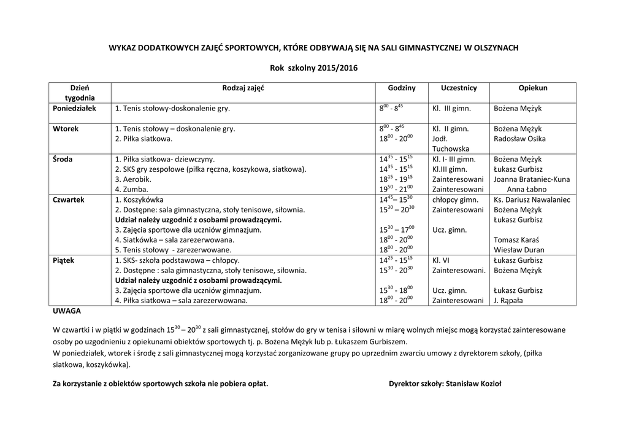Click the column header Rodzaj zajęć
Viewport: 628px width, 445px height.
[243, 88]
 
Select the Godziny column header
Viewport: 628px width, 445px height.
[402, 88]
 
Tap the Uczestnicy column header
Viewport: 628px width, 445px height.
[458, 88]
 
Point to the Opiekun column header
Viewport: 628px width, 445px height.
[532, 88]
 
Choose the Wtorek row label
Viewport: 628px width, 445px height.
[66, 129]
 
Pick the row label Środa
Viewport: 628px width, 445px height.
[63, 159]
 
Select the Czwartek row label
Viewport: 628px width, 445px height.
[69, 199]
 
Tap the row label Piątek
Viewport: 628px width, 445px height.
[64, 260]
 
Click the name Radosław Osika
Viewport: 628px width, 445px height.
[519, 139]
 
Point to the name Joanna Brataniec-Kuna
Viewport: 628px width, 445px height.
[532, 179]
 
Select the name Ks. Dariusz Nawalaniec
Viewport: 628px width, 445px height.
[532, 199]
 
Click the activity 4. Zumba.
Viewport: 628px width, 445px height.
[132, 189]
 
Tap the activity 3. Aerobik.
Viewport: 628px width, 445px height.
[133, 179]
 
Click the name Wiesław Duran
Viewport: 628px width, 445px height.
[519, 250]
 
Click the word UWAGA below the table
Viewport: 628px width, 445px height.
[67, 311]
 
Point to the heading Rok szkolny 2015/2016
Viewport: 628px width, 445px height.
[313, 68]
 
